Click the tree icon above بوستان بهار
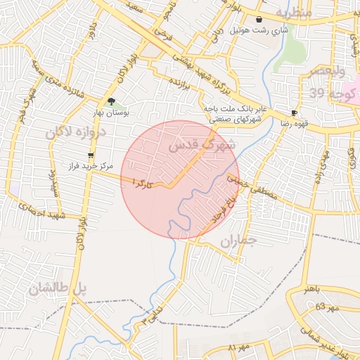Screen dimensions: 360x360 click(x=111, y=102)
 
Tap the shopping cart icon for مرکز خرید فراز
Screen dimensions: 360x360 click(x=91, y=155)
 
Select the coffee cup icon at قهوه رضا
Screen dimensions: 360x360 click(x=294, y=112)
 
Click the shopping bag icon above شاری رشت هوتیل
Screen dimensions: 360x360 click(x=260, y=19)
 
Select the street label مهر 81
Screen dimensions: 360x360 click(x=239, y=348)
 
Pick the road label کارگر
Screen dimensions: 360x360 click(x=141, y=184)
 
